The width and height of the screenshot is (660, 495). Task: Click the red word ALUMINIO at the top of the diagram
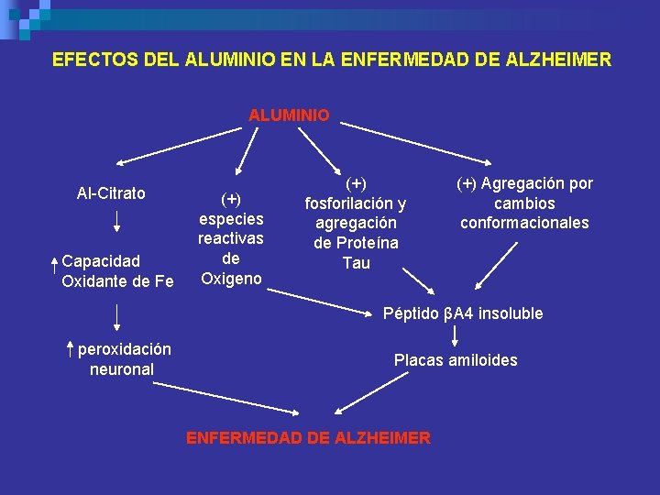tap(289, 116)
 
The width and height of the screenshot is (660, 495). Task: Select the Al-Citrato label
tap(111, 193)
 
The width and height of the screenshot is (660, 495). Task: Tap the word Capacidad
tap(101, 261)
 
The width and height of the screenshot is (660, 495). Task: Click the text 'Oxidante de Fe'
tap(117, 281)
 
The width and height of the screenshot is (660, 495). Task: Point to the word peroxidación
tap(125, 349)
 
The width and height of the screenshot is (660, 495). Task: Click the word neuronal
tap(122, 369)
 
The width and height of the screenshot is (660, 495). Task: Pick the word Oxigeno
tap(231, 279)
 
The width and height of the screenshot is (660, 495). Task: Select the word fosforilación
tap(356, 203)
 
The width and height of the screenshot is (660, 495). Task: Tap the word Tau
tap(356, 263)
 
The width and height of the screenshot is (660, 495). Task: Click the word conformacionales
tap(524, 223)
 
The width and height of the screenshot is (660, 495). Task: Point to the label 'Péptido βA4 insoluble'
tap(462, 313)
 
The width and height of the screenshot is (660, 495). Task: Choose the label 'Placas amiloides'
tap(456, 360)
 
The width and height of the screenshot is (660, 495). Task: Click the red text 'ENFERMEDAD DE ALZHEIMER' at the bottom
tap(308, 438)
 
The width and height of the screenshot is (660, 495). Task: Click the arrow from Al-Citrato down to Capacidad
tap(117, 221)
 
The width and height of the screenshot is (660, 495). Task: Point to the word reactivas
tap(231, 238)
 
